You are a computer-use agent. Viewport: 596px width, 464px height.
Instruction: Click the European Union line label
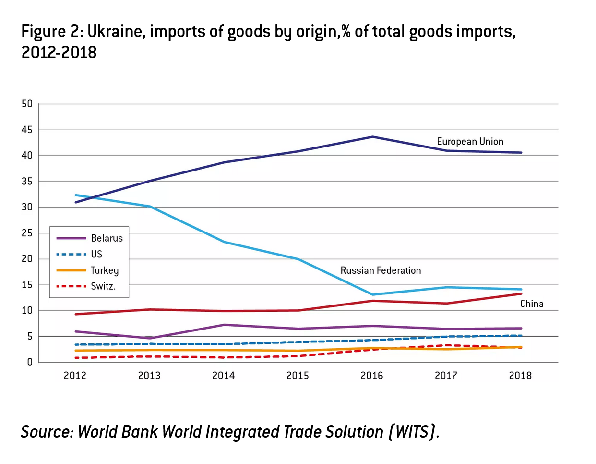(470, 142)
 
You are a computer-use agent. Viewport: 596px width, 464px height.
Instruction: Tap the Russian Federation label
(381, 270)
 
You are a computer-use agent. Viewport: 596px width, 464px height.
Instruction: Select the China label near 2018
(532, 304)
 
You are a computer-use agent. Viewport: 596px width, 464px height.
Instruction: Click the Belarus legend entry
(107, 238)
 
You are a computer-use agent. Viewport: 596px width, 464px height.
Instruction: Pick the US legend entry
(96, 254)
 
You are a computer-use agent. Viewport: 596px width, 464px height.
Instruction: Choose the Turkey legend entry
(105, 270)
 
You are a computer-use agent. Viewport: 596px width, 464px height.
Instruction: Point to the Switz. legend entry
(103, 286)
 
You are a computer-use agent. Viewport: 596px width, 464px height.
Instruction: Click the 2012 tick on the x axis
(75, 376)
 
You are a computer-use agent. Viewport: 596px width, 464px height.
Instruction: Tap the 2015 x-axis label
(298, 376)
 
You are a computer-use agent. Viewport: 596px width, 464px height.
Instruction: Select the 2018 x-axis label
(520, 376)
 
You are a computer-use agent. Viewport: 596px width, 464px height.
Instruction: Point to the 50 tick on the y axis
(27, 104)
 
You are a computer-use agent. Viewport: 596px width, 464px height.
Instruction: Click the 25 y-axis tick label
(27, 233)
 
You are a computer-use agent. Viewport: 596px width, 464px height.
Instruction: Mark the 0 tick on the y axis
(30, 362)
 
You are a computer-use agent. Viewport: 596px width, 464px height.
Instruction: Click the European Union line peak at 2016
(372, 137)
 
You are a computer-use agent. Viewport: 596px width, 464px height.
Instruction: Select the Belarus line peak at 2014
(224, 325)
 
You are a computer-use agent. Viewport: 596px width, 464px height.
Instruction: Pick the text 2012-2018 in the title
(59, 52)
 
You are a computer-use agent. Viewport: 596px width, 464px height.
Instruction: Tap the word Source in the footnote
(46, 432)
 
